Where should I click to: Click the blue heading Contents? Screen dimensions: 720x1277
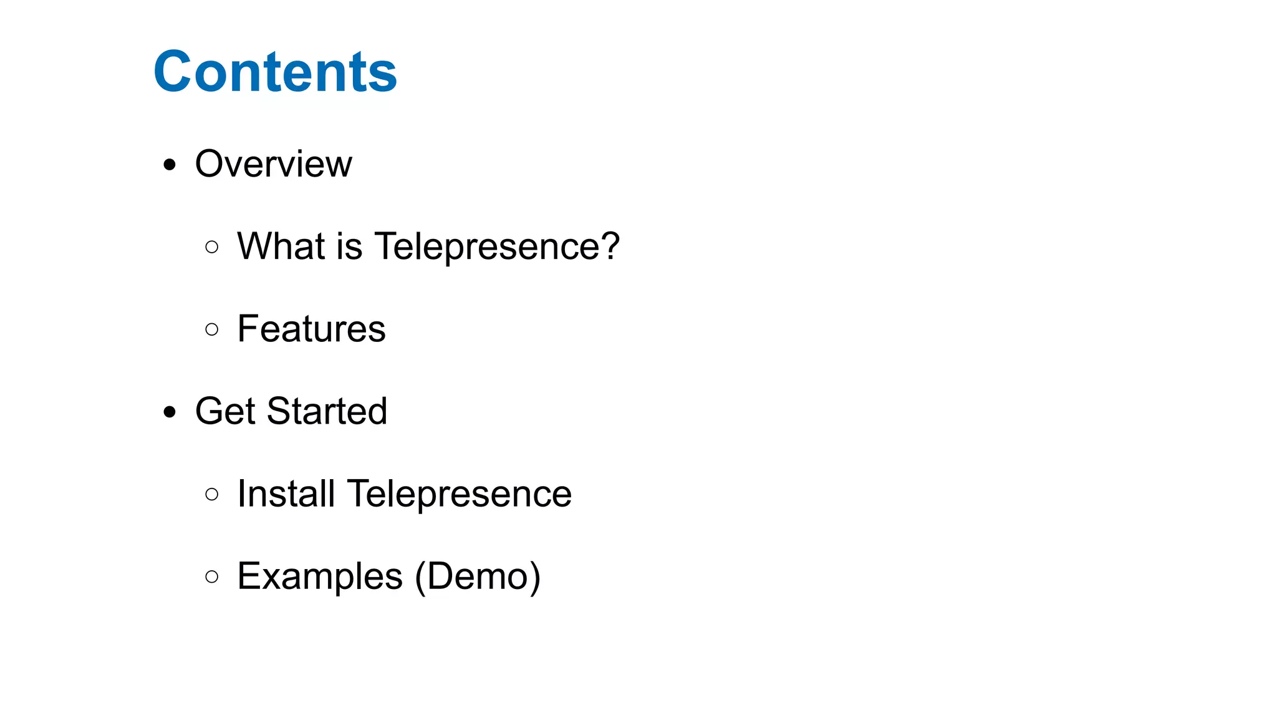[x=275, y=72]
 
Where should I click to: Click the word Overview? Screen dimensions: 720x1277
[x=273, y=164]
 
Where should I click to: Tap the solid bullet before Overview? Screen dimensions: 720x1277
[x=170, y=165]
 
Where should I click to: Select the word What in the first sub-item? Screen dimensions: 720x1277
[x=281, y=246]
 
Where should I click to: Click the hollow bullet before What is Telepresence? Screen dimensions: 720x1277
[x=212, y=247]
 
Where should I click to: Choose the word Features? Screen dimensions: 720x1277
[x=311, y=329]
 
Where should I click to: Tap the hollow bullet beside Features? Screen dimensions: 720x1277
[x=212, y=329]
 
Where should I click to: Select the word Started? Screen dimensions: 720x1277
[x=327, y=411]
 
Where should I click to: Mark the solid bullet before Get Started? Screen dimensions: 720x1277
[x=170, y=412]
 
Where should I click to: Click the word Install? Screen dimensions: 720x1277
[x=286, y=494]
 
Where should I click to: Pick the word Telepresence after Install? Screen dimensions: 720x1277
[x=459, y=495]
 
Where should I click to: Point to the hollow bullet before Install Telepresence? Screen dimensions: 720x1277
[x=212, y=495]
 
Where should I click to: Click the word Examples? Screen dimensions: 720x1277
[x=320, y=576]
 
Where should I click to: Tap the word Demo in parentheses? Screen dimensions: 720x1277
[x=477, y=576]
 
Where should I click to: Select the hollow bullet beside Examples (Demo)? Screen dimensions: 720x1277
[x=212, y=576]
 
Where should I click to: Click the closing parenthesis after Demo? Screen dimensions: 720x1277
[x=534, y=576]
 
